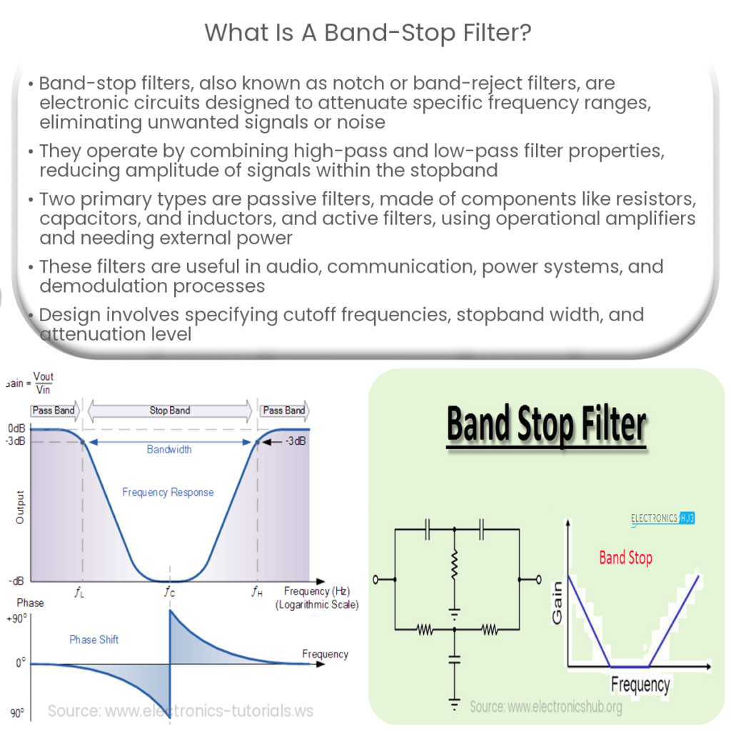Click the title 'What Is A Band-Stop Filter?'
coord(368,32)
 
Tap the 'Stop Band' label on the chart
coord(169,410)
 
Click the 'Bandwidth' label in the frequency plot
coord(169,450)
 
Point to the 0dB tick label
coord(16,428)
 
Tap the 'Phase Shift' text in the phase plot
coord(94,640)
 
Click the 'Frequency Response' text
coord(168,492)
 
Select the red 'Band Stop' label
coord(625,558)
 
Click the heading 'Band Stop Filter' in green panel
coord(546,425)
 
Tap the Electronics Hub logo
coord(662,518)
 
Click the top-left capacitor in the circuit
coord(426,530)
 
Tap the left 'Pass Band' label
coord(53,410)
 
